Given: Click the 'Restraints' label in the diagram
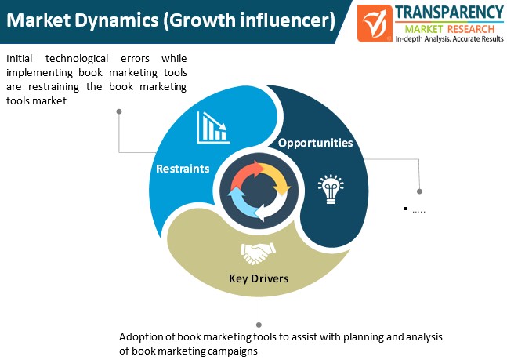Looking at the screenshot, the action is tap(183, 169).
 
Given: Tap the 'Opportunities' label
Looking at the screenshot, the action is tap(315, 143).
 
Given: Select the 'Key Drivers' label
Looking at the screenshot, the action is tap(259, 278).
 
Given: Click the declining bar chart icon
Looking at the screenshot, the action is tap(213, 128).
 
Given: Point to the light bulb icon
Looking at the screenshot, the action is tap(331, 189).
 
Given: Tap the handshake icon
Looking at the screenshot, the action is tap(258, 253).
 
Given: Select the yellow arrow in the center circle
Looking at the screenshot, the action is tap(277, 178).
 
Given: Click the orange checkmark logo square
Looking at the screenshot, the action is tap(375, 23).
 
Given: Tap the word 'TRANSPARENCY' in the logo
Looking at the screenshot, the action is tap(449, 13).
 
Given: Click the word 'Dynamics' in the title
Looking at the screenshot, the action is tap(117, 20).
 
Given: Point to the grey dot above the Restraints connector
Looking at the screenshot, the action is tap(119, 111).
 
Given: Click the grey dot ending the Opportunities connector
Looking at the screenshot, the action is tap(419, 191).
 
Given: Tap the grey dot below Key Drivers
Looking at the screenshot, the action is tap(259, 325).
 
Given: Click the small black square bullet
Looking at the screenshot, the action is tap(406, 209).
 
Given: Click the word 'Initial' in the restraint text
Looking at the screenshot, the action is tap(20, 58).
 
